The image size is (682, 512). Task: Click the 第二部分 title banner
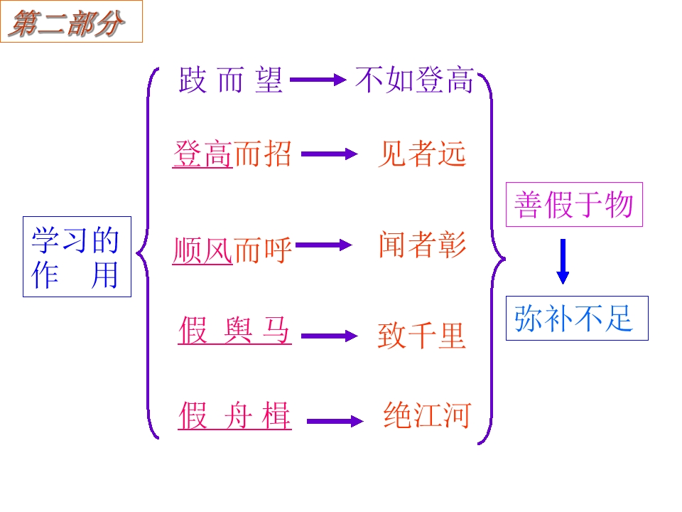coord(71,22)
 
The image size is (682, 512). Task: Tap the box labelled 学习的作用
coord(77,257)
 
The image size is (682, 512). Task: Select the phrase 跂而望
coord(231,80)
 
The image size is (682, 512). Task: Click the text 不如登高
coord(414,80)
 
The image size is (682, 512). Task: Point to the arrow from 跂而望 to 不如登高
coord(318,80)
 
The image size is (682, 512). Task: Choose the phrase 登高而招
coord(232,153)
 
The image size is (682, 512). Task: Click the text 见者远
coord(421,153)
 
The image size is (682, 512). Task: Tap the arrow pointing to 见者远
coord(328,153)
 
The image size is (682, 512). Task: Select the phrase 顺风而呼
coord(232,250)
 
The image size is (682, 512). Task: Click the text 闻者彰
coord(422,245)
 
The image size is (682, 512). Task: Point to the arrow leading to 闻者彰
coord(323,245)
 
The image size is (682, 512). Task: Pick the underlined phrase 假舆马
coord(234,331)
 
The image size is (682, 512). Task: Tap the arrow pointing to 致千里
coord(328,336)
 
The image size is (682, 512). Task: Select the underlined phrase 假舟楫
coord(234,415)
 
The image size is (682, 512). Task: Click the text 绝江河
coord(427,415)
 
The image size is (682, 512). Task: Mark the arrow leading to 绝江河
coord(334,422)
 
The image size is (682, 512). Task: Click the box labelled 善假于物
coord(574,205)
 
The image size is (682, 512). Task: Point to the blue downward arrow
coord(563,261)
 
